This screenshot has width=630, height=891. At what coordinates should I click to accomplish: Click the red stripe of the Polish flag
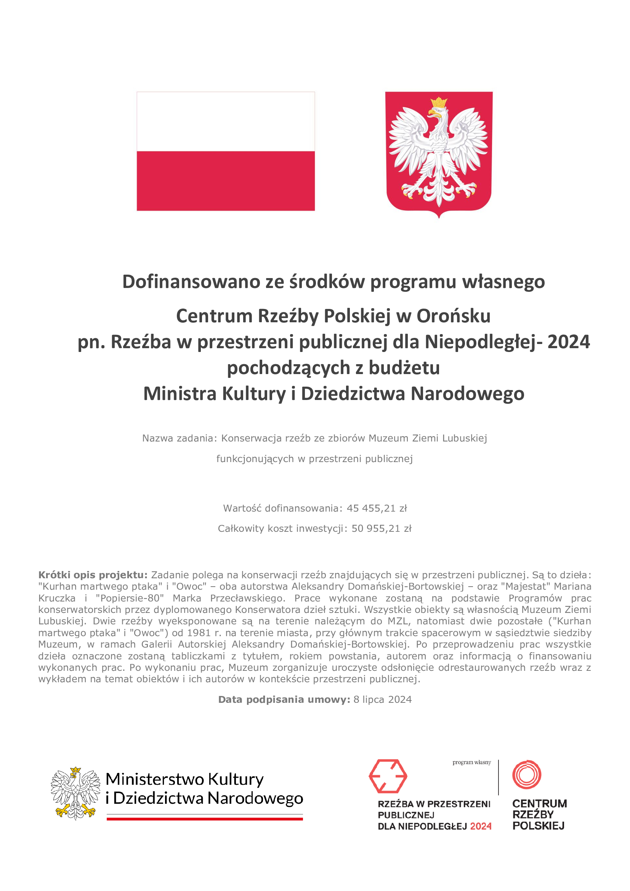(x=226, y=181)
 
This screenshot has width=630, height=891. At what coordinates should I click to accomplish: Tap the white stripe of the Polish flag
(x=226, y=122)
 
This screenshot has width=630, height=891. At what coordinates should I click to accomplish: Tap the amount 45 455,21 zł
(x=377, y=509)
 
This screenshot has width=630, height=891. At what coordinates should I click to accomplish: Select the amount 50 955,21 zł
(x=382, y=529)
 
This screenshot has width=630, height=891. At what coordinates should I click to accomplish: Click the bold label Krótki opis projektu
(x=93, y=575)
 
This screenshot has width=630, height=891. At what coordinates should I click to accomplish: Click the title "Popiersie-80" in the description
(x=130, y=598)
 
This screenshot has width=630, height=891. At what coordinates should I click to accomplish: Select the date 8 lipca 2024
(x=382, y=699)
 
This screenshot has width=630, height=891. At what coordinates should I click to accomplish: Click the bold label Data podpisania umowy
(x=284, y=699)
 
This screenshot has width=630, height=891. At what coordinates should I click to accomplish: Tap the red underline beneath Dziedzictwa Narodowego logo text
(x=205, y=819)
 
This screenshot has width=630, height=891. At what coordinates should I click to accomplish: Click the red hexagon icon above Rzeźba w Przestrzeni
(x=387, y=776)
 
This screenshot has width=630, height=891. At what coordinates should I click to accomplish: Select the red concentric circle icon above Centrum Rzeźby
(x=527, y=774)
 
